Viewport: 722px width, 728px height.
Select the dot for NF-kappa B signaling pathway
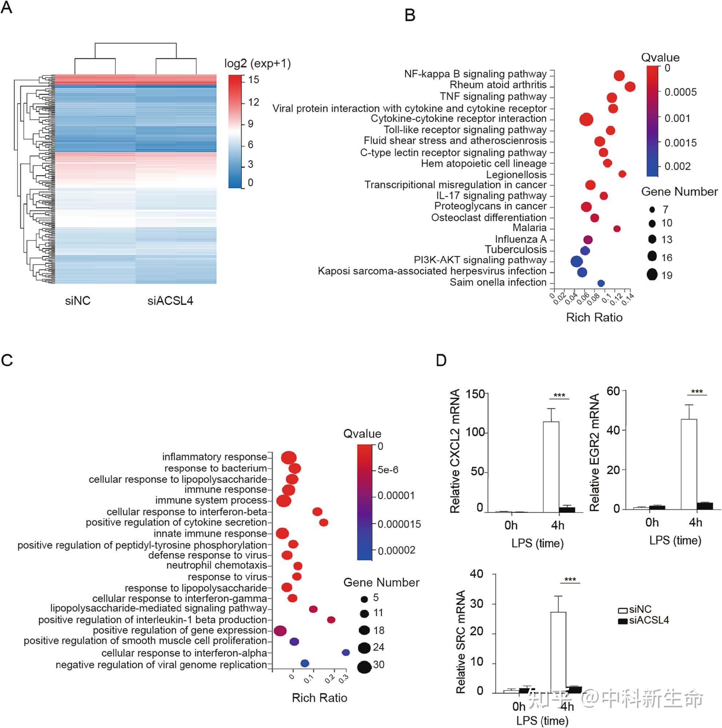point(619,75)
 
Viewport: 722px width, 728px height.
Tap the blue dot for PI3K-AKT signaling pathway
point(576,261)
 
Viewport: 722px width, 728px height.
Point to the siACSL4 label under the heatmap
point(170,301)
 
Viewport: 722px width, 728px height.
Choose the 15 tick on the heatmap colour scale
point(253,80)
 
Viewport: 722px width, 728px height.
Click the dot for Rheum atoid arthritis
point(630,87)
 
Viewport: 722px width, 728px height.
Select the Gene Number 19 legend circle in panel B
point(652,274)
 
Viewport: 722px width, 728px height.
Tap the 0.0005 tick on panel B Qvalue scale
point(680,92)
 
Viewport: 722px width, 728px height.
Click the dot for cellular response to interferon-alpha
point(345,652)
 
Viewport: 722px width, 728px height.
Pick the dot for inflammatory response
point(289,458)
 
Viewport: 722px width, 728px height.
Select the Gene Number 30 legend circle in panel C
point(364,667)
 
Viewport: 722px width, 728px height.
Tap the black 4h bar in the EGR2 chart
point(704,506)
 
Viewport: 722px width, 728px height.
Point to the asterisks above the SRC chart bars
point(570,580)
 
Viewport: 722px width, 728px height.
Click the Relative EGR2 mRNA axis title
point(594,453)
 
